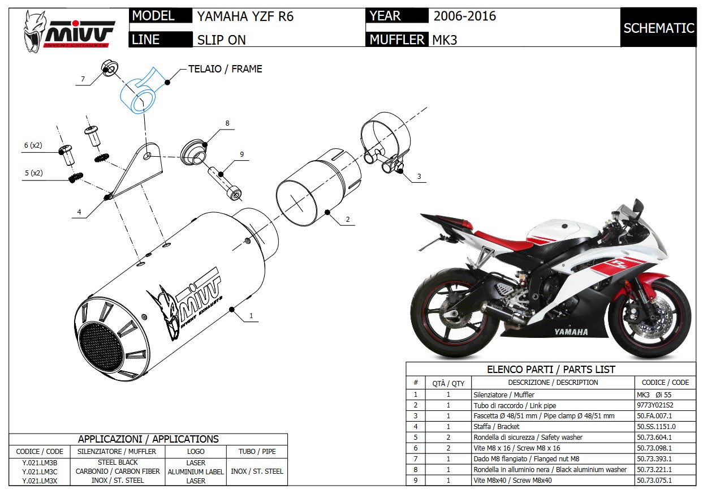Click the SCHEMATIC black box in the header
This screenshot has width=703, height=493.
point(658,27)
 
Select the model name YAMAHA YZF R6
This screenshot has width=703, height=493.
point(245,16)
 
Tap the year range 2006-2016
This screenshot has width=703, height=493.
point(464,16)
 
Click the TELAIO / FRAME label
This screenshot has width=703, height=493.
point(225,69)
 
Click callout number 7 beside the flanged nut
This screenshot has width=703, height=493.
point(83,79)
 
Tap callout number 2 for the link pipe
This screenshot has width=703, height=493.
point(347,220)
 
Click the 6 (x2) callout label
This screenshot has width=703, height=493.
point(33,145)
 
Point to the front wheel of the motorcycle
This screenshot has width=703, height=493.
point(650,317)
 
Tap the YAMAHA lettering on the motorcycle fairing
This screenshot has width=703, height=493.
point(571,332)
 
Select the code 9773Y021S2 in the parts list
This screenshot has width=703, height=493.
point(655,405)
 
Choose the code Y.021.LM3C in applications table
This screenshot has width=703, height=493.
point(40,471)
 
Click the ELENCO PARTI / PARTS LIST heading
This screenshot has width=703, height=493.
point(551,370)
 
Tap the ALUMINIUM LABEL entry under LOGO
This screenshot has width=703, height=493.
point(196,471)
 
